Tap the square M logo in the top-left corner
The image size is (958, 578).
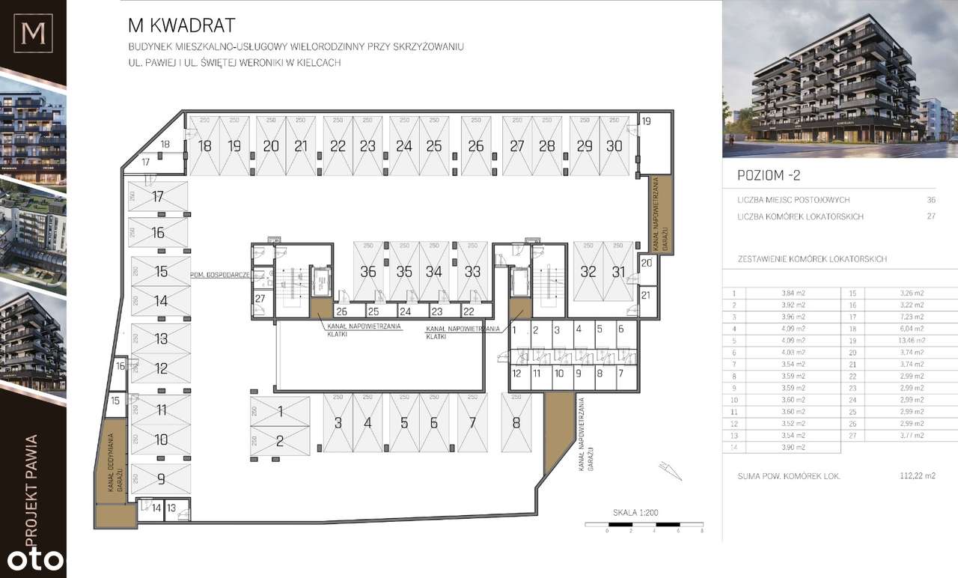click(33, 34)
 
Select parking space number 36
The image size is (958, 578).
click(367, 272)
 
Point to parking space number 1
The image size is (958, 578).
click(280, 411)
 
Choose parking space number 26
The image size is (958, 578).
click(476, 146)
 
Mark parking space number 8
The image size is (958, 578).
click(516, 423)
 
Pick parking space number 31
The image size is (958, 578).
click(618, 272)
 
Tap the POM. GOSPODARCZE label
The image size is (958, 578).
click(219, 274)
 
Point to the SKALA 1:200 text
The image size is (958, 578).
click(635, 513)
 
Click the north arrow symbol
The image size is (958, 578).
click(668, 470)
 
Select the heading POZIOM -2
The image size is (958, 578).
click(769, 175)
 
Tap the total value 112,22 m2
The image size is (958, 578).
click(917, 475)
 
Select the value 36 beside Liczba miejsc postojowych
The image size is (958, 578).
click(931, 200)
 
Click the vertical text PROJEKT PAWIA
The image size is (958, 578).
click(31, 487)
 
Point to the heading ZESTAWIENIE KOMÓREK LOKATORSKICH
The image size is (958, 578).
click(812, 259)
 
